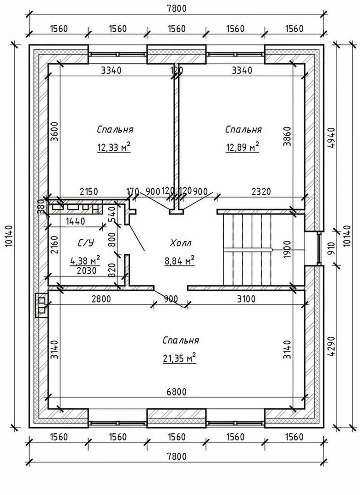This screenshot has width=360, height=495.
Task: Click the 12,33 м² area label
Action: (114, 147)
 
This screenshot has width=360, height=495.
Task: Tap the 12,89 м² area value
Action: (242, 147)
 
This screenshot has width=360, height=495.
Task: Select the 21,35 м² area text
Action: (179, 358)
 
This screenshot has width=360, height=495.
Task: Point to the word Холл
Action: (181, 243)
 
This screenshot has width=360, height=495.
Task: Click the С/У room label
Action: (86, 243)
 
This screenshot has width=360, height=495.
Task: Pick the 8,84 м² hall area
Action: (179, 261)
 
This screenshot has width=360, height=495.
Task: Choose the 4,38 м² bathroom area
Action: (85, 261)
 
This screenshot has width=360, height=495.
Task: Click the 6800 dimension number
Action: (177, 392)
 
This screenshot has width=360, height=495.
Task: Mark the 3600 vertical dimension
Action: (54, 131)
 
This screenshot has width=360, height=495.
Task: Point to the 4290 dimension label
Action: (331, 346)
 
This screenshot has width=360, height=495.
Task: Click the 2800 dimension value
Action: (101, 299)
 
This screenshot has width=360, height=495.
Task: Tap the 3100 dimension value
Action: (246, 299)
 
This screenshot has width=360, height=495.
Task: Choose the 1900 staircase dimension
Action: (287, 249)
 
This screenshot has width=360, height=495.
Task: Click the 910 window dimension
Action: (331, 249)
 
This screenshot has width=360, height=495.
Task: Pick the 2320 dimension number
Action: (261, 191)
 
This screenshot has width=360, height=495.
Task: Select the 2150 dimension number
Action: (89, 191)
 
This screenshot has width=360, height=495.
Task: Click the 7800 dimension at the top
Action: (177, 9)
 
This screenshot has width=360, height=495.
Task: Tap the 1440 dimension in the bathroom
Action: (75, 221)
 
